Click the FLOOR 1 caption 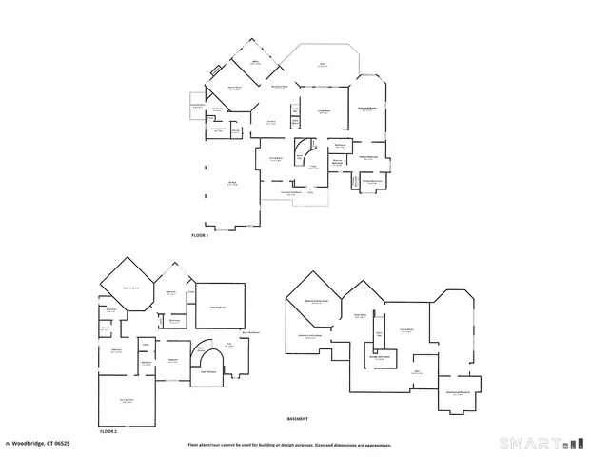point(199,235)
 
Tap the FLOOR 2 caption point(108,431)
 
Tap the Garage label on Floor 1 point(231,183)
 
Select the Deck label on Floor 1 point(323,65)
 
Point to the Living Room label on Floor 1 point(324,111)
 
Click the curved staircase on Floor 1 point(305,151)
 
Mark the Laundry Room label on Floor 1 point(218,129)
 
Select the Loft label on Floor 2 point(228,345)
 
